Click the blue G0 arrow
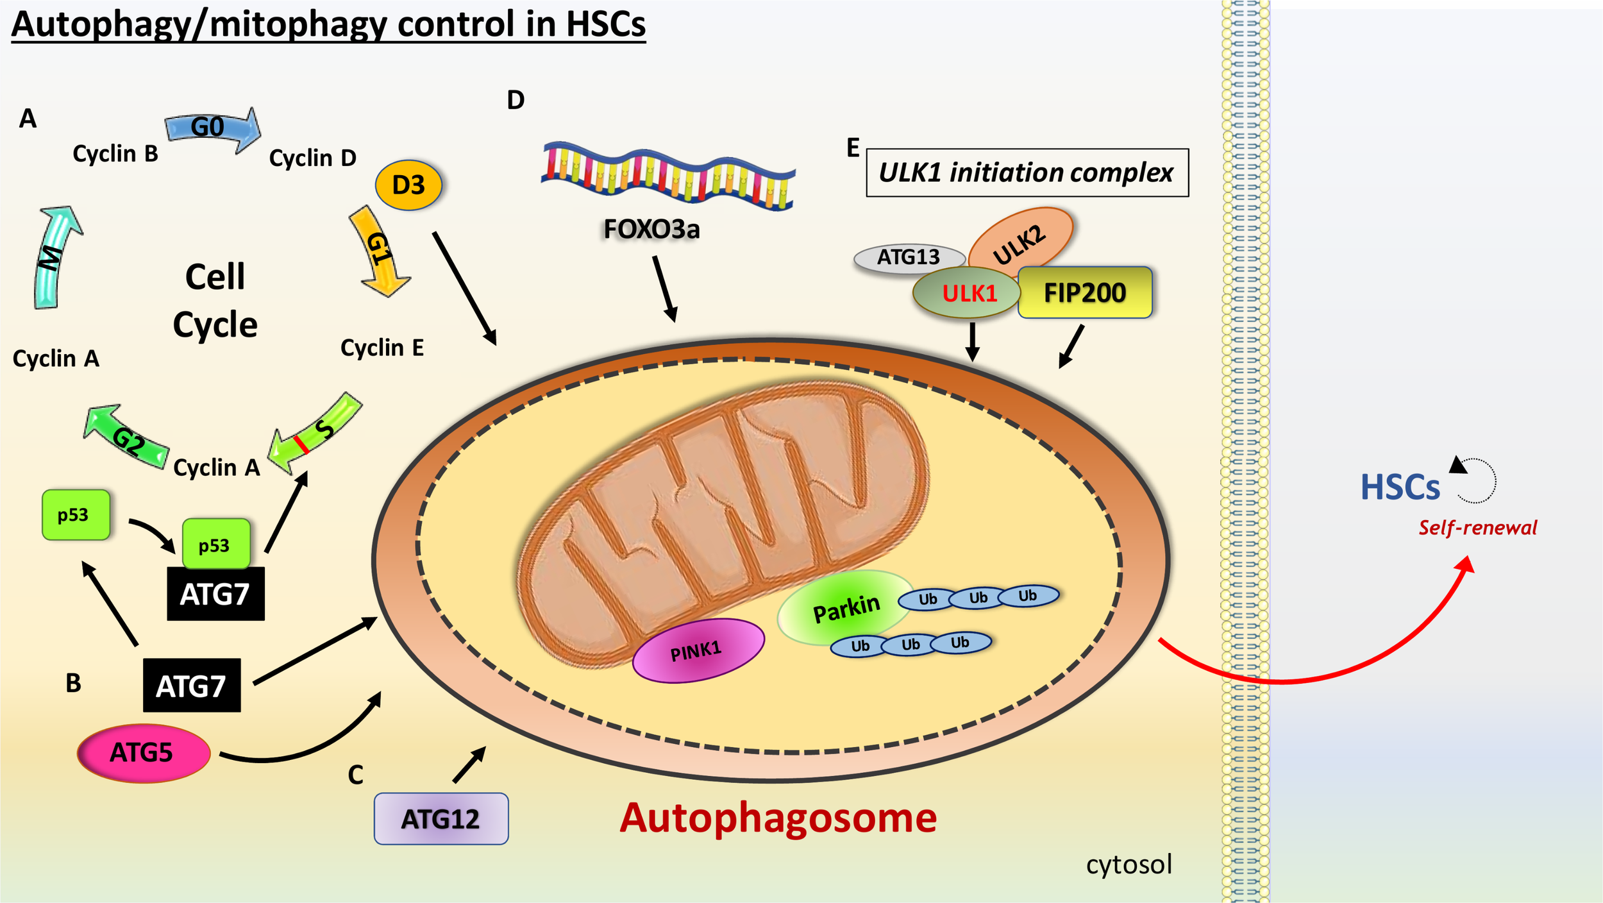[x=212, y=128]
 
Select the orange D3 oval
[x=408, y=185]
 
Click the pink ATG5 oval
[x=144, y=753]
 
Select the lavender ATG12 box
[x=441, y=819]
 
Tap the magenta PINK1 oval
[x=698, y=650]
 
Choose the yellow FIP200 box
[x=1085, y=293]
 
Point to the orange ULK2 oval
[x=1021, y=240]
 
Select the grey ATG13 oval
[x=908, y=258]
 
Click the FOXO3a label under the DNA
[x=651, y=230]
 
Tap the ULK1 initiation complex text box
[x=1027, y=173]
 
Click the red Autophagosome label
[x=778, y=818]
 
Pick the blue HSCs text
[x=1400, y=487]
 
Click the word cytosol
[x=1129, y=865]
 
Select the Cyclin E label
[x=382, y=348]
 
